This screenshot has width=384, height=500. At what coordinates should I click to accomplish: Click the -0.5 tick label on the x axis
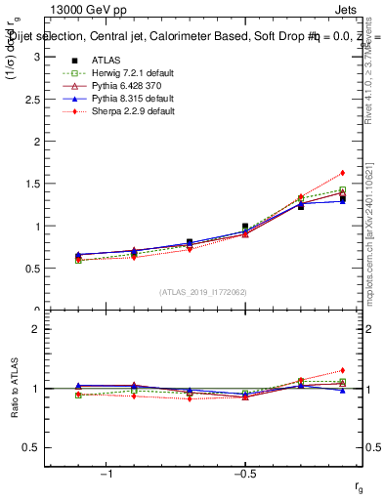pyautogui.click(x=244, y=474)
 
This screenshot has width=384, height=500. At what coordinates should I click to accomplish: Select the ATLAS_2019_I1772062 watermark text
pyautogui.click(x=203, y=292)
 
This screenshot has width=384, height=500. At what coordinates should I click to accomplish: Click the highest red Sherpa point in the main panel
pyautogui.click(x=342, y=173)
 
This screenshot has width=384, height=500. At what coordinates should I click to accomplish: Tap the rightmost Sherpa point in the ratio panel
pyautogui.click(x=342, y=370)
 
